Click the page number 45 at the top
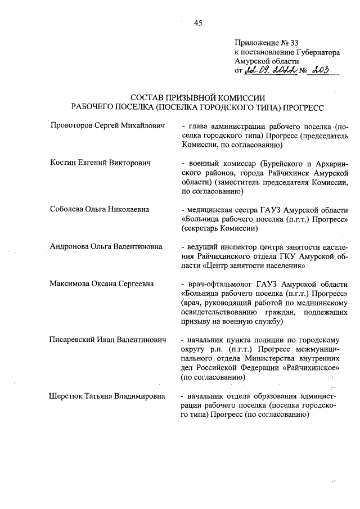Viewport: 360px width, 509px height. tap(197, 23)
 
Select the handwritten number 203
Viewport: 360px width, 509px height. tap(319, 70)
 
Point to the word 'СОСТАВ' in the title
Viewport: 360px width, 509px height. tap(148, 98)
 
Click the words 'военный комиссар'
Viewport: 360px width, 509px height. tap(217, 163)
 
